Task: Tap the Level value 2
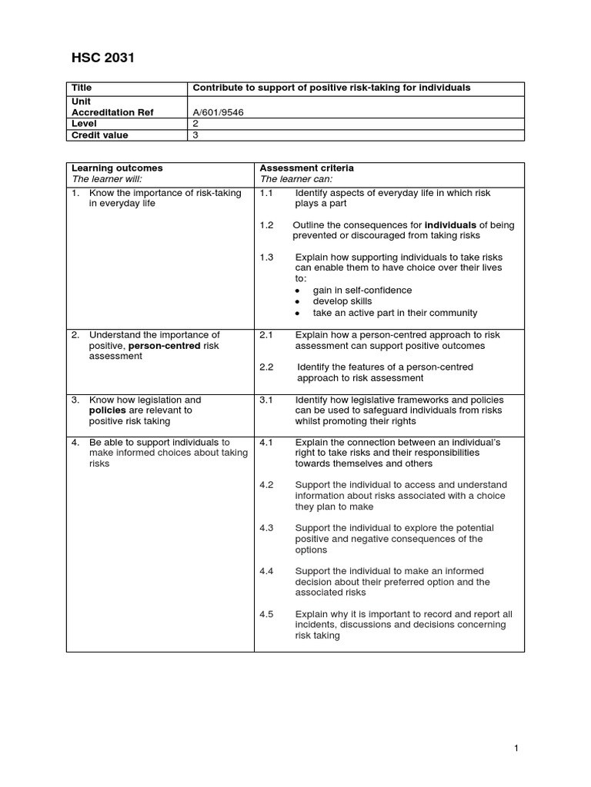[x=195, y=123]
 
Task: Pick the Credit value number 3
[x=195, y=134]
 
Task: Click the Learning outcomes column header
[x=117, y=168]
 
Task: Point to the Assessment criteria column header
[x=307, y=168]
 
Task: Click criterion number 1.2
[x=266, y=225]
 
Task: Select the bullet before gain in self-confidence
[x=298, y=291]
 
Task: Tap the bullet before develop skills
[x=298, y=302]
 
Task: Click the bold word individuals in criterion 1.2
[x=450, y=225]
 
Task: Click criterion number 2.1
[x=266, y=335]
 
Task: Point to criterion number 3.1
[x=266, y=400]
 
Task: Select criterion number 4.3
[x=266, y=528]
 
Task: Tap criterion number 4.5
[x=266, y=614]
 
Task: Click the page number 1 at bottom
[x=518, y=748]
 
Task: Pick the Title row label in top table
[x=82, y=88]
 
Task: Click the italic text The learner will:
[x=107, y=179]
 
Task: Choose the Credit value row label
[x=100, y=134]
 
